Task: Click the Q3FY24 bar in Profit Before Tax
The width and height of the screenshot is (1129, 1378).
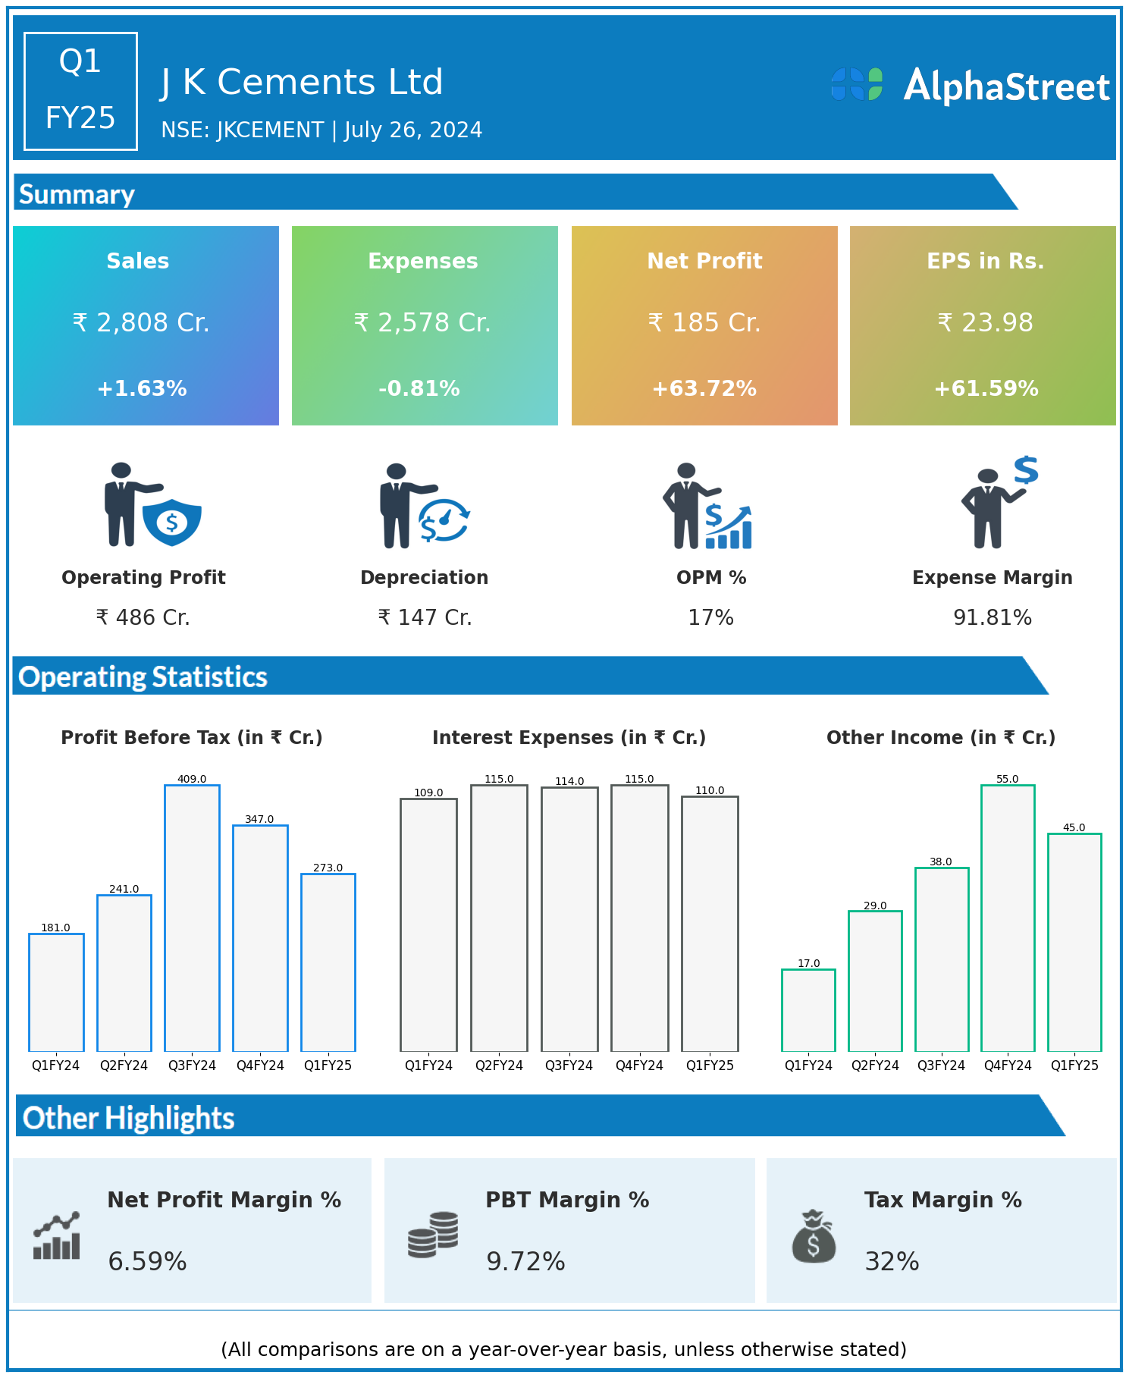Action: pos(192,918)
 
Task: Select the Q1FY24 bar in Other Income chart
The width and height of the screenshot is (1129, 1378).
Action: pos(808,1010)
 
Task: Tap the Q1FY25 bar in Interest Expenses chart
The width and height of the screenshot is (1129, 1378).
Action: pos(710,924)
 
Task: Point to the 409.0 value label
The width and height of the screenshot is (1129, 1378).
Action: pos(192,779)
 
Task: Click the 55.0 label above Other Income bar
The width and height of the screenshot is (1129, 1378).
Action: pos(1007,779)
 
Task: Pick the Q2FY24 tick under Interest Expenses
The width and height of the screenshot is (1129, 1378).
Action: pos(499,1066)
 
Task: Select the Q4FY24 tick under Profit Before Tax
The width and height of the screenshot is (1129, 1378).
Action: pos(260,1066)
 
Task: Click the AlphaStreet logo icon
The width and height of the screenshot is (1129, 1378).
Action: pos(857,84)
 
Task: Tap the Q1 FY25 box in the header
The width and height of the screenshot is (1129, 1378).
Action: pos(80,91)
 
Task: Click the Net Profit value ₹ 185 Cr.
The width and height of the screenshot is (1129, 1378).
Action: pos(704,322)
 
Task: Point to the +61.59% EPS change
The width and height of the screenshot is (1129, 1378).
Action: pos(986,388)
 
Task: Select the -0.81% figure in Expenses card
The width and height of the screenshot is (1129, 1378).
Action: pos(419,388)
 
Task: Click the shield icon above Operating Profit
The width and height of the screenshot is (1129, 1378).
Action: pos(172,522)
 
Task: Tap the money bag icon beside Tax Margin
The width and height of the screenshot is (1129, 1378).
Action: pos(814,1236)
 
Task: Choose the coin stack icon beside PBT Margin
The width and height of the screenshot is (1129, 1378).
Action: pos(433,1235)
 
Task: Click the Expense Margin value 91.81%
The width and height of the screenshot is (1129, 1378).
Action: pos(993,618)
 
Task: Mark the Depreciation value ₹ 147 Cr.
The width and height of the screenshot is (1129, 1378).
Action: pos(425,618)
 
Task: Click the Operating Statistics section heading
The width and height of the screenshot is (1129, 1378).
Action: pos(143,676)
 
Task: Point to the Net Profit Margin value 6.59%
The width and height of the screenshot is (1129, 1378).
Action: pos(147,1261)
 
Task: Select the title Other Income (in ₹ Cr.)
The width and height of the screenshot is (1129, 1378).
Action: pos(941,737)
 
